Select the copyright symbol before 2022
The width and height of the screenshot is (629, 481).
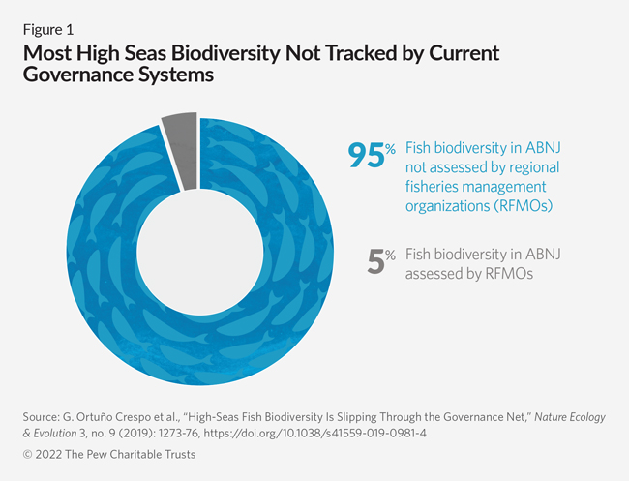pos(26,456)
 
